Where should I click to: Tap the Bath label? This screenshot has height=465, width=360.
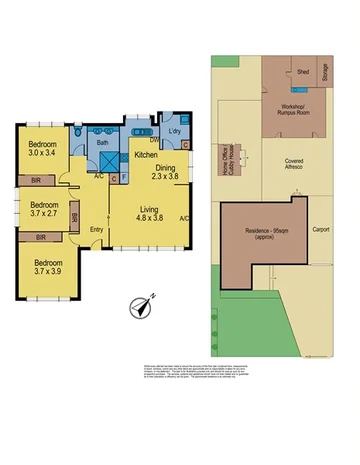click(102, 143)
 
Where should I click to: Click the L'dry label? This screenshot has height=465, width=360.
click(173, 132)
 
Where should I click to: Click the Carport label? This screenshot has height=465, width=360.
click(320, 229)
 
